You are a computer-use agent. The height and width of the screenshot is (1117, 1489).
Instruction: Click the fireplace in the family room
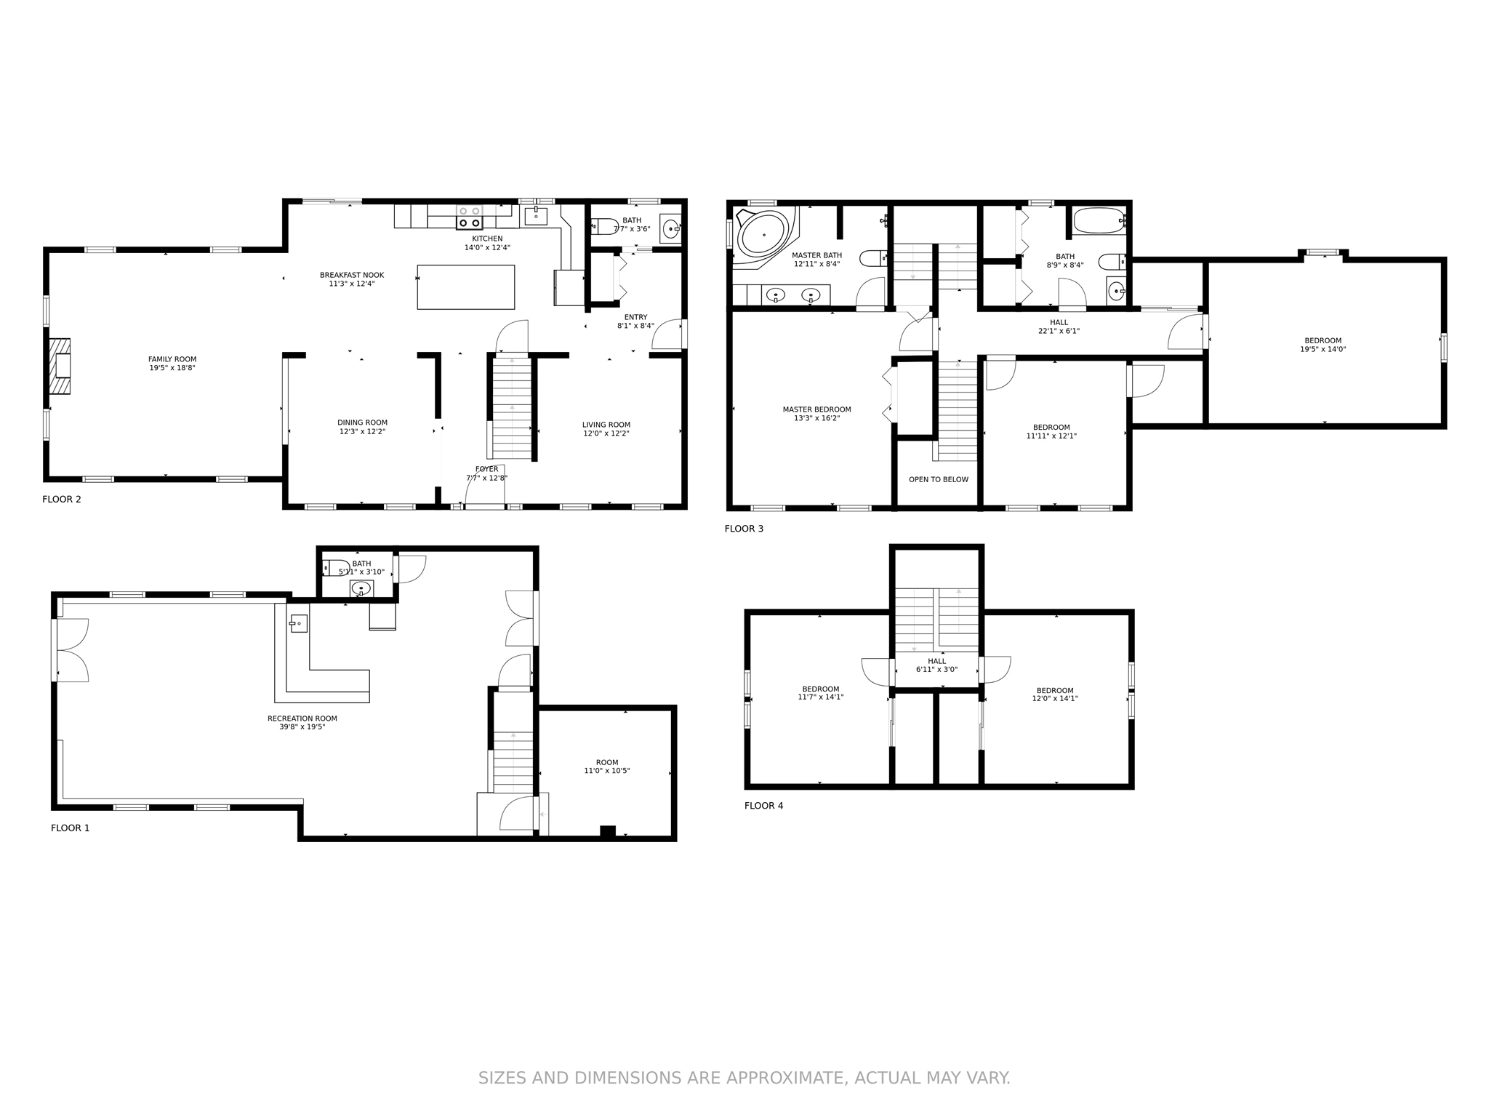coord(60,366)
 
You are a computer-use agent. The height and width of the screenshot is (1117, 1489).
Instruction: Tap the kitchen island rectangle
coord(466,287)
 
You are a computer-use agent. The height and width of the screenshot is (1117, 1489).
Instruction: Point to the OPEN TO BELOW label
coord(939,480)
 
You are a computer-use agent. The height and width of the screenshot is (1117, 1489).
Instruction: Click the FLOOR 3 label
coord(744,529)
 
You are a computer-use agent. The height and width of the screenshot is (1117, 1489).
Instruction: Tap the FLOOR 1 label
coord(71,828)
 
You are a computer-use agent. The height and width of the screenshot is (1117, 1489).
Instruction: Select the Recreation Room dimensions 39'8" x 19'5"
coord(302,726)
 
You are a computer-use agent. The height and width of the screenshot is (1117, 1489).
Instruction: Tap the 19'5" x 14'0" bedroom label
coord(1323,345)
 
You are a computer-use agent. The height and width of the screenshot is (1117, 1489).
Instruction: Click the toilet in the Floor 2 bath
coord(604,226)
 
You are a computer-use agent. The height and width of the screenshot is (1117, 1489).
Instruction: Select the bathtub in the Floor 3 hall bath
coord(1099,220)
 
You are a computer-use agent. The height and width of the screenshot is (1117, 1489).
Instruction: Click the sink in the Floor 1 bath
coord(361,588)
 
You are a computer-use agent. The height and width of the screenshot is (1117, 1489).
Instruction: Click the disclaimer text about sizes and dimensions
coord(744,1078)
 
